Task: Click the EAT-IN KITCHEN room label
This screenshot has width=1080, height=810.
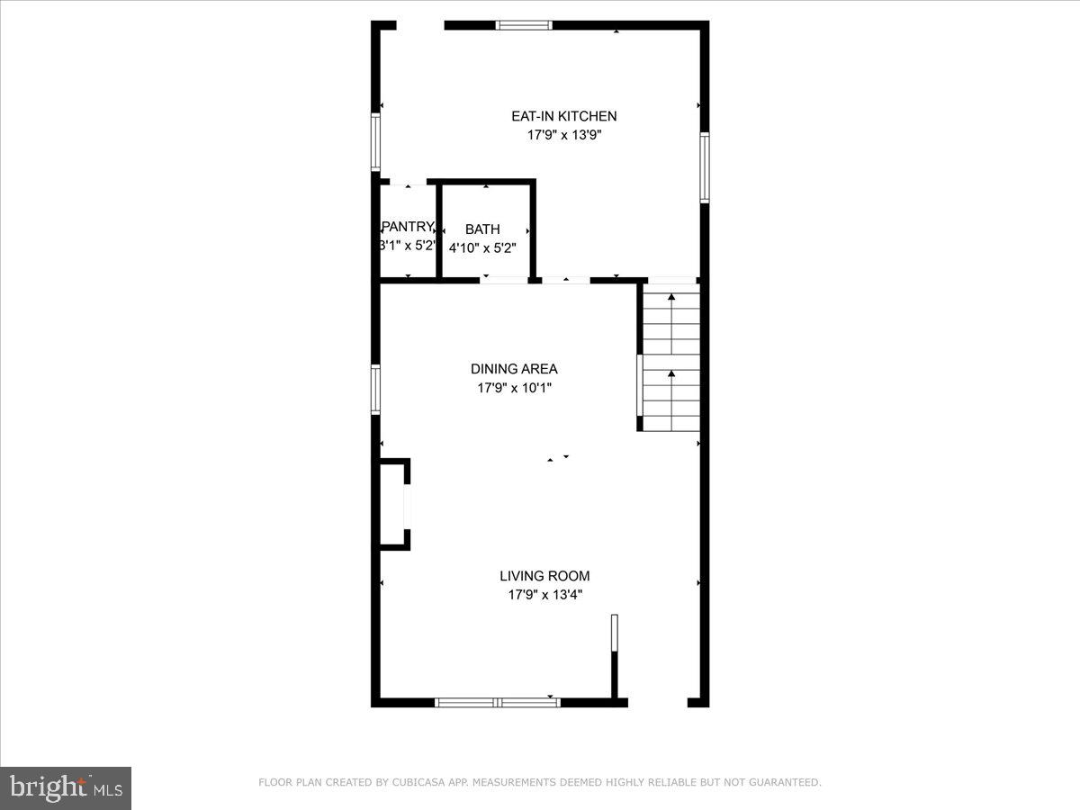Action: [563, 116]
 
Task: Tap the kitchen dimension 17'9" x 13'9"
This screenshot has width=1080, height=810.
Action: [563, 136]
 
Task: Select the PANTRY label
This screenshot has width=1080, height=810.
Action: [408, 227]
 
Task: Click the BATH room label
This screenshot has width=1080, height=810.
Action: [482, 229]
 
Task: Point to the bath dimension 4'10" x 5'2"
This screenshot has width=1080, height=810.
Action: [482, 247]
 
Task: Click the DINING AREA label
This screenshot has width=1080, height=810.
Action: [514, 369]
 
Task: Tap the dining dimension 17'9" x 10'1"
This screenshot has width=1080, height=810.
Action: [514, 389]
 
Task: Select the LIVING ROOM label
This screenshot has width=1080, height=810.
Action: [544, 576]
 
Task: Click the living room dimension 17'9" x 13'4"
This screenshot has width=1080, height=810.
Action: [544, 595]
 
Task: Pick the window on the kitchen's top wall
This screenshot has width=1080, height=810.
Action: [525, 25]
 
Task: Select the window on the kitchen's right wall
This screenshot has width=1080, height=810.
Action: [705, 167]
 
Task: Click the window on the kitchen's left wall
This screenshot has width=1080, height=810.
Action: [376, 142]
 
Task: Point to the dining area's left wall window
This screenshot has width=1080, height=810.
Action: [376, 389]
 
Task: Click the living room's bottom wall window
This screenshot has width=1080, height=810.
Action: [497, 702]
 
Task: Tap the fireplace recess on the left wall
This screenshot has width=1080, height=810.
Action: [393, 504]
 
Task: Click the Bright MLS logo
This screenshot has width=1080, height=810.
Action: [66, 788]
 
